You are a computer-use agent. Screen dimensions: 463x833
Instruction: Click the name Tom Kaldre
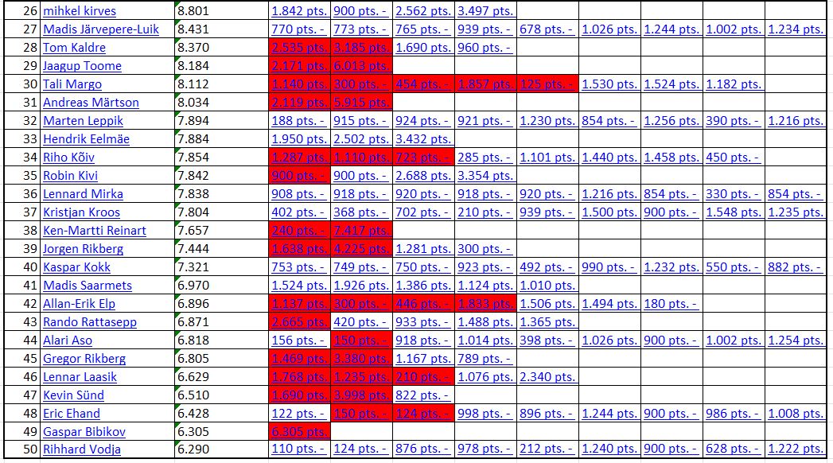(x=74, y=48)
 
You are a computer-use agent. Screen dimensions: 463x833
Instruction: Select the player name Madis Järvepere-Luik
(x=101, y=29)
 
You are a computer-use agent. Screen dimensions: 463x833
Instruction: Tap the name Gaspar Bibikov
(x=84, y=432)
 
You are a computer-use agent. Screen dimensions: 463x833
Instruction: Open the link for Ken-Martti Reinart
(x=95, y=231)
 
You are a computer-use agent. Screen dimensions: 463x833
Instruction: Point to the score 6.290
(x=193, y=450)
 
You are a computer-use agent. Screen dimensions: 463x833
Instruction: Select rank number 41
(x=31, y=286)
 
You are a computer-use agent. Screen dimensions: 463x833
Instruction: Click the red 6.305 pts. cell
(x=299, y=432)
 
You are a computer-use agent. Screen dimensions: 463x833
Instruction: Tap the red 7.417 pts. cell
(x=360, y=231)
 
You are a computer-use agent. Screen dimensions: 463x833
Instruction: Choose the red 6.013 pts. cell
(x=360, y=66)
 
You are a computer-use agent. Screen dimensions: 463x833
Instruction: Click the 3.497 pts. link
(x=485, y=11)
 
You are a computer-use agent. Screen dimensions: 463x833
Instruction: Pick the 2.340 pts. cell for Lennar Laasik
(x=547, y=377)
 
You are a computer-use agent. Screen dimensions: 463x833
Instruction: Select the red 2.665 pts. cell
(x=299, y=322)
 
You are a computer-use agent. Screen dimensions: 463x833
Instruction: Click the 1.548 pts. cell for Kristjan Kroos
(x=734, y=212)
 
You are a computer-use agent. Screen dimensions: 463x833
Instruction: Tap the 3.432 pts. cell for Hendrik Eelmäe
(x=423, y=139)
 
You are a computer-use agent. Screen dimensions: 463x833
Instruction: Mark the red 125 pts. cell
(x=547, y=84)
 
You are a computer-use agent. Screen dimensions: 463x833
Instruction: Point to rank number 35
(x=31, y=176)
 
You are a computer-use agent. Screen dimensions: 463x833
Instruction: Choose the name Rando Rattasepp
(x=90, y=322)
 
